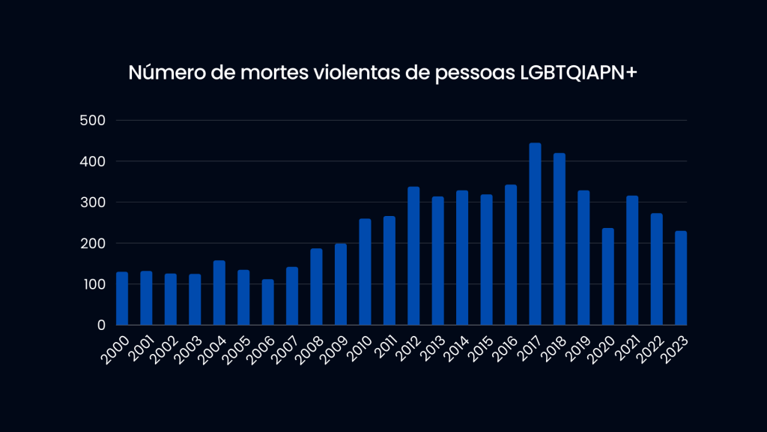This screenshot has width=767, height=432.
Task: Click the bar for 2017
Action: click(x=535, y=234)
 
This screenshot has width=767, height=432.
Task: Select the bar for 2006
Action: click(x=268, y=302)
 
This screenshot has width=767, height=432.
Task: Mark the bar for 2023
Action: click(x=681, y=278)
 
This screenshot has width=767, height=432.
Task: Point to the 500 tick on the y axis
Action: click(x=94, y=121)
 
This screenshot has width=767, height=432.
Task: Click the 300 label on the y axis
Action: click(x=94, y=202)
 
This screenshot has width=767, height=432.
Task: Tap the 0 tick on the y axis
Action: click(x=101, y=325)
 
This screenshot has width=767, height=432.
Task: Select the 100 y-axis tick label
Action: click(x=94, y=284)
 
